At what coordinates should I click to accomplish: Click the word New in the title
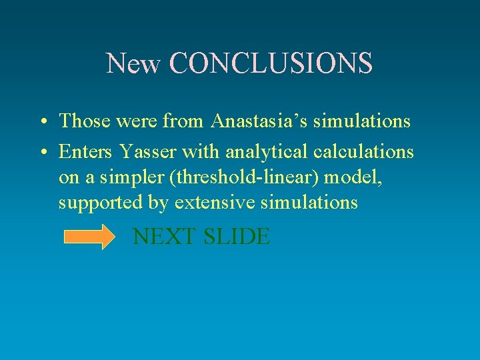pos(133,63)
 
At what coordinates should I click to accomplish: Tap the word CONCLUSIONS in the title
pos(271,63)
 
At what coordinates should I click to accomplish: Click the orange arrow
pos(89,237)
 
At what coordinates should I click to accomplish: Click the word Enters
pos(83,152)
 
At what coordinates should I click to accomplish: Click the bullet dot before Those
pos(42,122)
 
